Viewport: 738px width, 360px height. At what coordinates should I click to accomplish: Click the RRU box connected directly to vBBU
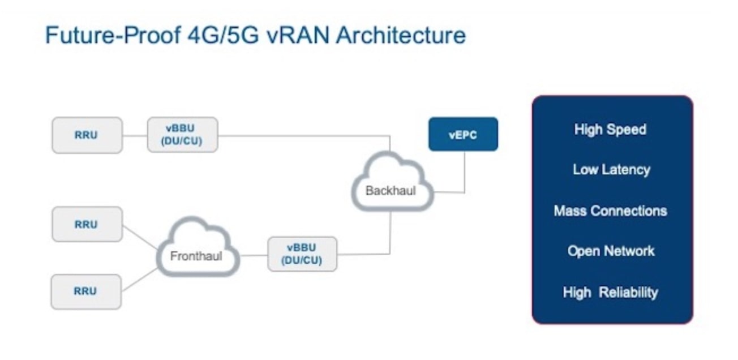coord(87,135)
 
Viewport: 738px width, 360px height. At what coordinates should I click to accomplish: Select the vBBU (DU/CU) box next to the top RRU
coord(182,135)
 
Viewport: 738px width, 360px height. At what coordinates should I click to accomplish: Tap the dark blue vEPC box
coord(463,134)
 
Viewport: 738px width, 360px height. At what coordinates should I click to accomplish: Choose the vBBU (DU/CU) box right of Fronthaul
coord(302,254)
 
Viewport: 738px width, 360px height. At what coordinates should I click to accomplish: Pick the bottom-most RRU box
coord(86,292)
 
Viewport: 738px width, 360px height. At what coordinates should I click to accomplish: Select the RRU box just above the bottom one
coord(86,224)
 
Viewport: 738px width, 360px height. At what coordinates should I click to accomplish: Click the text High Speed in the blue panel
coord(610,129)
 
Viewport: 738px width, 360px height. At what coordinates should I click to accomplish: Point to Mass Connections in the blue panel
coord(610,211)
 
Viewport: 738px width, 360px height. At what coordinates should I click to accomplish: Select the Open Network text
coord(611,251)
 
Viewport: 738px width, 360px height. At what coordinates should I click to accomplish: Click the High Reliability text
coord(610,292)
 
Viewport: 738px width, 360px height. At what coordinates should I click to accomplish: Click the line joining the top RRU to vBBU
coord(135,135)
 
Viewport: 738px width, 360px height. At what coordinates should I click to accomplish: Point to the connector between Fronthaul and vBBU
coord(254,255)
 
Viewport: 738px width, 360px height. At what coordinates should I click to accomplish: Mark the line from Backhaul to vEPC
coord(465,175)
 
